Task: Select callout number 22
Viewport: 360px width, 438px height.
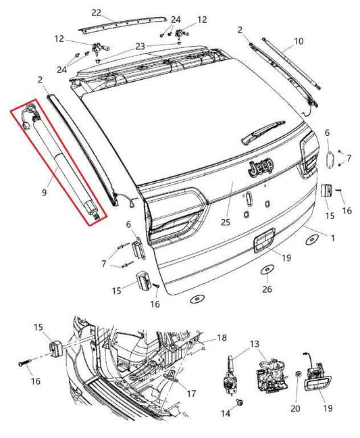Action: pyautogui.click(x=96, y=13)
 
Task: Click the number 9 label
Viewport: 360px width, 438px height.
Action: pyautogui.click(x=44, y=192)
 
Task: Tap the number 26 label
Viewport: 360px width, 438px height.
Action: pyautogui.click(x=267, y=290)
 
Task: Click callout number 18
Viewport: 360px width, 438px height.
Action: pyautogui.click(x=222, y=337)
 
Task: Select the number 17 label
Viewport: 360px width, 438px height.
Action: pyautogui.click(x=191, y=392)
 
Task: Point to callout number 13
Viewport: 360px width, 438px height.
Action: pyautogui.click(x=253, y=344)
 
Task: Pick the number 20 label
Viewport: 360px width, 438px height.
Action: pyautogui.click(x=295, y=409)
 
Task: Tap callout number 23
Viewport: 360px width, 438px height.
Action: pyautogui.click(x=140, y=46)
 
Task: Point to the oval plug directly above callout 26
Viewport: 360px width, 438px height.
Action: pyautogui.click(x=267, y=270)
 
